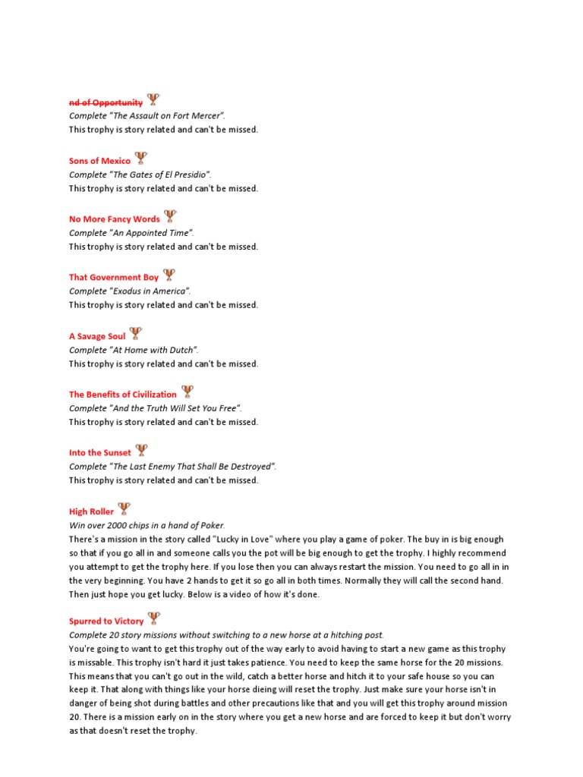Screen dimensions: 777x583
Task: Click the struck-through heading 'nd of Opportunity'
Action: coord(106,102)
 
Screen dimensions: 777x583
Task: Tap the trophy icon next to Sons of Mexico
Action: coord(140,159)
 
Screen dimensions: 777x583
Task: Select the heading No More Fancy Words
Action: coord(115,219)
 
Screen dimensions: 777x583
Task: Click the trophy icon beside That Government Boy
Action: coord(169,275)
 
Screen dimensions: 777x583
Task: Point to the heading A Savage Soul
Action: coord(97,336)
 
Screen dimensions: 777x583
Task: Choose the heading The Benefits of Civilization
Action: coord(123,395)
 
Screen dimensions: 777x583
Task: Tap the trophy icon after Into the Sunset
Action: coord(141,451)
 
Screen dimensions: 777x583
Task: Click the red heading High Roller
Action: coord(92,511)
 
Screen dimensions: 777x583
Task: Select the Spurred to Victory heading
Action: coord(106,621)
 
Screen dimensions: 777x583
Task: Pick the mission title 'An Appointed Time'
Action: coord(151,233)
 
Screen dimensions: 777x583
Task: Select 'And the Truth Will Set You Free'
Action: coord(176,408)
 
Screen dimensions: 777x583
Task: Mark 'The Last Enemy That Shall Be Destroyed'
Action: coord(194,467)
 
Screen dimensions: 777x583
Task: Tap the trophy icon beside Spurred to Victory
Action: coord(154,618)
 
